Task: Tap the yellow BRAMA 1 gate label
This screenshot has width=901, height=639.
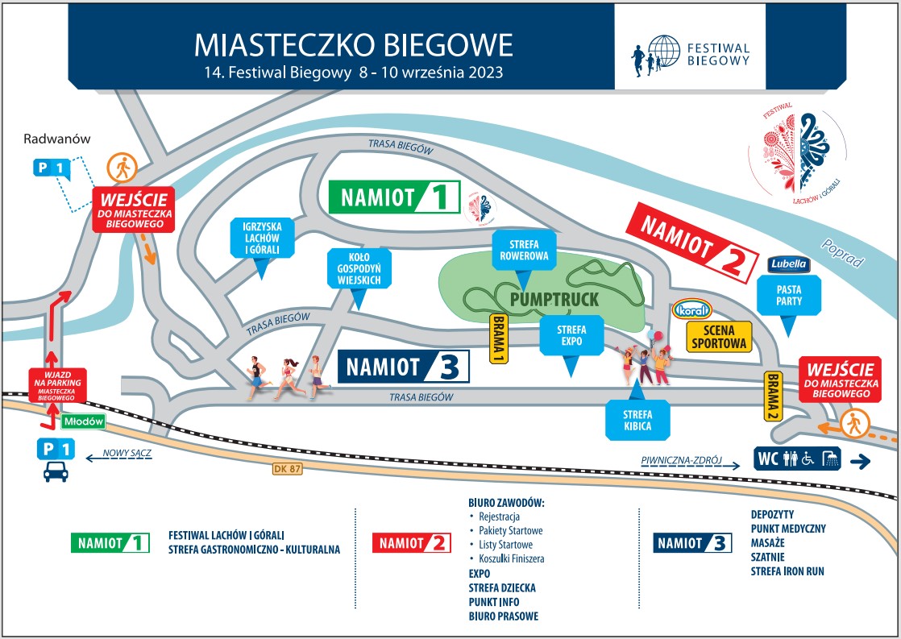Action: pos(498,338)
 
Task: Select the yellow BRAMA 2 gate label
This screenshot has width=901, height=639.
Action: pos(773,396)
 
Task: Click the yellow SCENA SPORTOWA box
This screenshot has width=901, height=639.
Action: pos(719,337)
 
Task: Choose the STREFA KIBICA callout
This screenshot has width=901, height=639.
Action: pos(637,420)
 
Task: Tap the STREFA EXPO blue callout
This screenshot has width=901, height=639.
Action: pos(571,336)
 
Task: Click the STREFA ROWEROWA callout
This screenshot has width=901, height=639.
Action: pos(524,251)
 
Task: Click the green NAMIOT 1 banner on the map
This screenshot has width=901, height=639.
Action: pos(394,197)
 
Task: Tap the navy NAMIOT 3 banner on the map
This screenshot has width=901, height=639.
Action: pos(403,366)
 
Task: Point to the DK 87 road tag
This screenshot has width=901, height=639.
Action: pos(287,468)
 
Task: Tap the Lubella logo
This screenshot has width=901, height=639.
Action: pos(788,263)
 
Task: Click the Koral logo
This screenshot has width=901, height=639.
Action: pos(692,309)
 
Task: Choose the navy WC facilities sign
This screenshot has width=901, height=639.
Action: pos(797,458)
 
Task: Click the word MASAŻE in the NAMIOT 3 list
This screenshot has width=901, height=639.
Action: pos(767,542)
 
